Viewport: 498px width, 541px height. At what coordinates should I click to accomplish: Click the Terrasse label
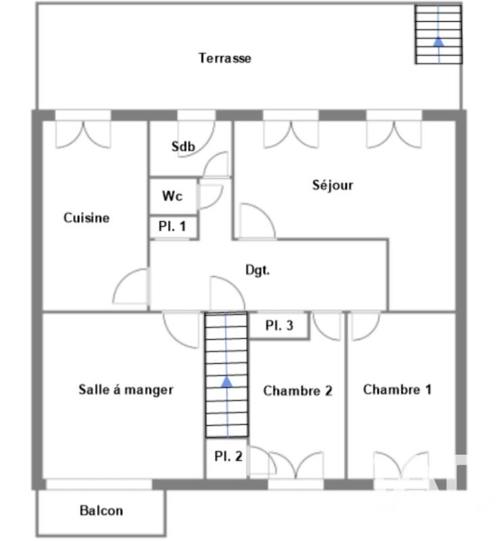tap(224, 58)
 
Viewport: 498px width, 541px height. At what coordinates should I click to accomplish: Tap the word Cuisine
tap(86, 218)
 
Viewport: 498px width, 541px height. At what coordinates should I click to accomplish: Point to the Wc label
tap(172, 195)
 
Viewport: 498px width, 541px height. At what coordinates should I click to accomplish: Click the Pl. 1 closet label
tap(172, 227)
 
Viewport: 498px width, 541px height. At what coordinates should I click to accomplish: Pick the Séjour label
tap(332, 185)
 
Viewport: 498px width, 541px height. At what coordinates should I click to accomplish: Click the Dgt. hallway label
tap(257, 270)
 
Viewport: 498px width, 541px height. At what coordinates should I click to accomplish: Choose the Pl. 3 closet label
tap(278, 325)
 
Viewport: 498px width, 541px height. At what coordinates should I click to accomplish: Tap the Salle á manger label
tap(126, 390)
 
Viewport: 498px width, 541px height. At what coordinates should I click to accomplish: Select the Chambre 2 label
tap(297, 390)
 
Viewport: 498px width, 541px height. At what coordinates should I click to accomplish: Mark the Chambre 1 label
tap(397, 390)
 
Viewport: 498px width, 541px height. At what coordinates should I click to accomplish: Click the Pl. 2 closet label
tap(228, 456)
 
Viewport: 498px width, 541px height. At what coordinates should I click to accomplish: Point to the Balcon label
tap(101, 511)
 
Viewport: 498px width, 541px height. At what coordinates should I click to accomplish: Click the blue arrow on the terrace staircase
tap(439, 41)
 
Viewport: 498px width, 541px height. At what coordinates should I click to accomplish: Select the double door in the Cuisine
tap(82, 133)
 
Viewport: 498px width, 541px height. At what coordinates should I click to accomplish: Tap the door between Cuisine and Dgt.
tap(132, 288)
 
